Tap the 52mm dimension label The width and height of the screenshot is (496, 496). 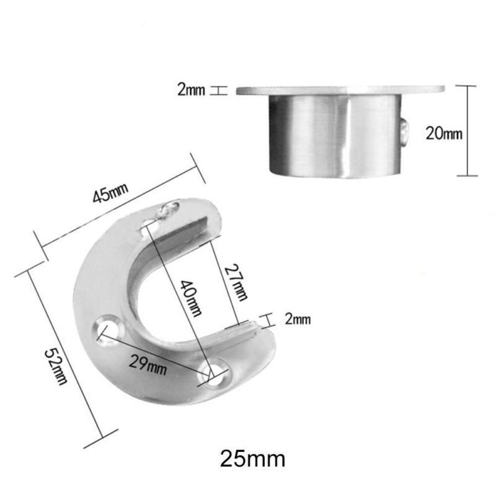[56, 365]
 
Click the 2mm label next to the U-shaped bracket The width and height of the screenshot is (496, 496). [298, 319]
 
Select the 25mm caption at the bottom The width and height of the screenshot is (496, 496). [252, 459]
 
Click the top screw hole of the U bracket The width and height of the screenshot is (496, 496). [149, 228]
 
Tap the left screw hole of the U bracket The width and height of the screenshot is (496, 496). [108, 329]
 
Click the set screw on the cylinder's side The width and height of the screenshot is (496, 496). [405, 131]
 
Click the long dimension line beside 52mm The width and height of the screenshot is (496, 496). [62, 356]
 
